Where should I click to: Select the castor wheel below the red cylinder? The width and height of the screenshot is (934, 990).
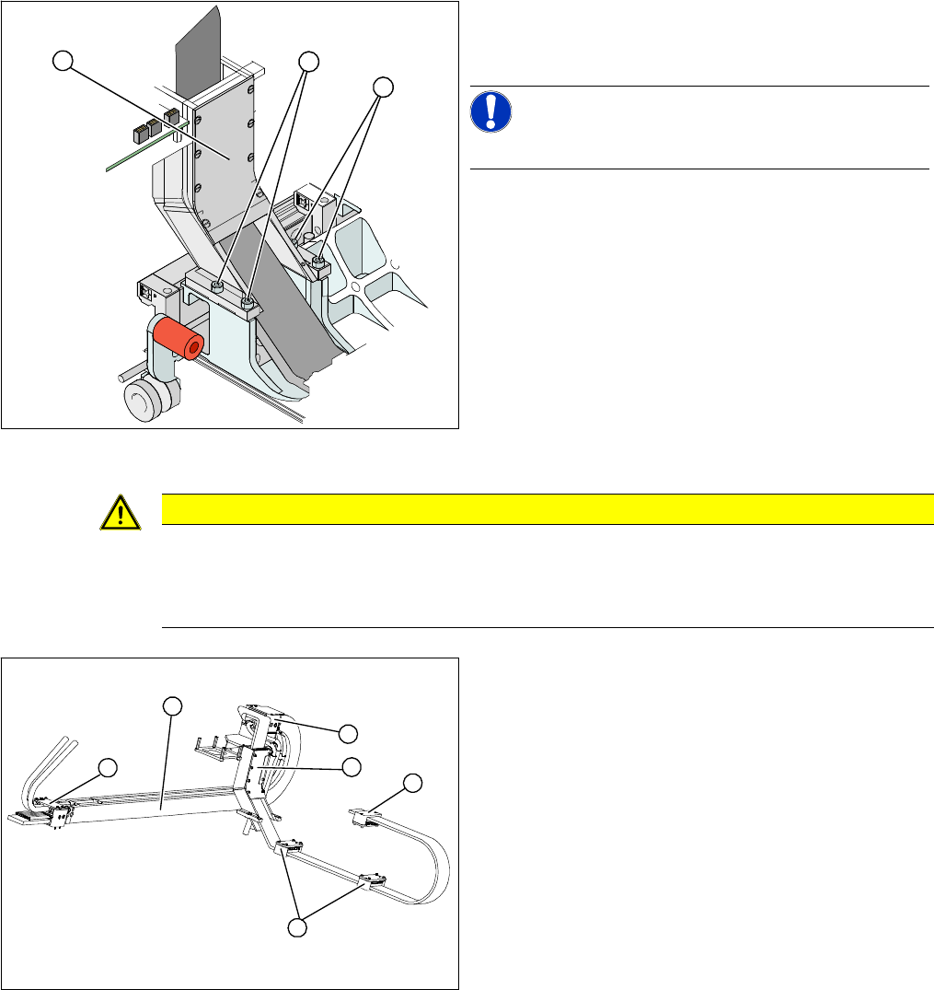click(147, 399)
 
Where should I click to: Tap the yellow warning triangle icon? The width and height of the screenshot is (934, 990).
click(122, 511)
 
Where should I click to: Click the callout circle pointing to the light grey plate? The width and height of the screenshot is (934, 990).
click(62, 61)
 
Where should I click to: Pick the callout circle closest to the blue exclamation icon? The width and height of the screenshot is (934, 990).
click(383, 87)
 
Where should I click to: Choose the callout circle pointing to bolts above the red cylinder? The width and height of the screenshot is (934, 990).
click(309, 61)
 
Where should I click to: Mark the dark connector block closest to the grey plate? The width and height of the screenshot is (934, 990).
click(171, 116)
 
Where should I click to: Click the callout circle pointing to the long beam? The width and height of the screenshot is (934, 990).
click(171, 705)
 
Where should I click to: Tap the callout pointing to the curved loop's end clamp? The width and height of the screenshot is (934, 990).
click(413, 783)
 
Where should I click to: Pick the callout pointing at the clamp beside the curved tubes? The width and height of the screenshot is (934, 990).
click(108, 765)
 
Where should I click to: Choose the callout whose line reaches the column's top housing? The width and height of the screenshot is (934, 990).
click(347, 733)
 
